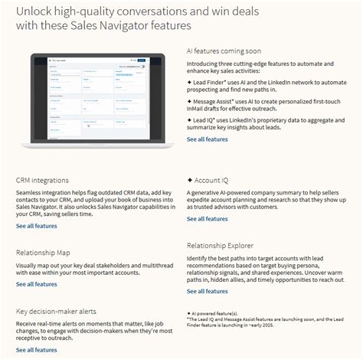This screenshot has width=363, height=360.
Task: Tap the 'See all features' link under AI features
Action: click(207, 139)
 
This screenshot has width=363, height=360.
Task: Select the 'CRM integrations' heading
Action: click(45, 180)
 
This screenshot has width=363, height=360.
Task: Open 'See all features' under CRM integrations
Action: click(36, 226)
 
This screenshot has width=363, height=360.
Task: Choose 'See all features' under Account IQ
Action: click(207, 218)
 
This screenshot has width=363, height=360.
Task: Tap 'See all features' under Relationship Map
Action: click(36, 283)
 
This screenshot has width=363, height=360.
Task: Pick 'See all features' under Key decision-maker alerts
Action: click(36, 350)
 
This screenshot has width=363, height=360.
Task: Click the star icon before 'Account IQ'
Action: click(190, 180)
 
